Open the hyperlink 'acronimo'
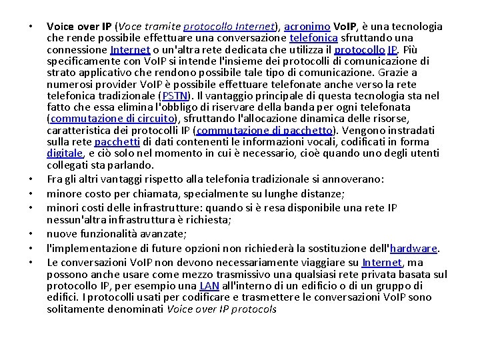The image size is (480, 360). (x=304, y=27)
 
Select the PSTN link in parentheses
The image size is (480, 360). (x=165, y=96)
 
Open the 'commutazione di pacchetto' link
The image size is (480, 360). (x=266, y=130)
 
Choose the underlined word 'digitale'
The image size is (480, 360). (x=65, y=153)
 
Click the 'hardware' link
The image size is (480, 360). (x=413, y=248)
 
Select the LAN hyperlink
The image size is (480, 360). (x=209, y=286)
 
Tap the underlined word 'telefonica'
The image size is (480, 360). (x=313, y=38)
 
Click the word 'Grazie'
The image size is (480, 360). (x=398, y=73)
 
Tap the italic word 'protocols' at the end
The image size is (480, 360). (x=254, y=309)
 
